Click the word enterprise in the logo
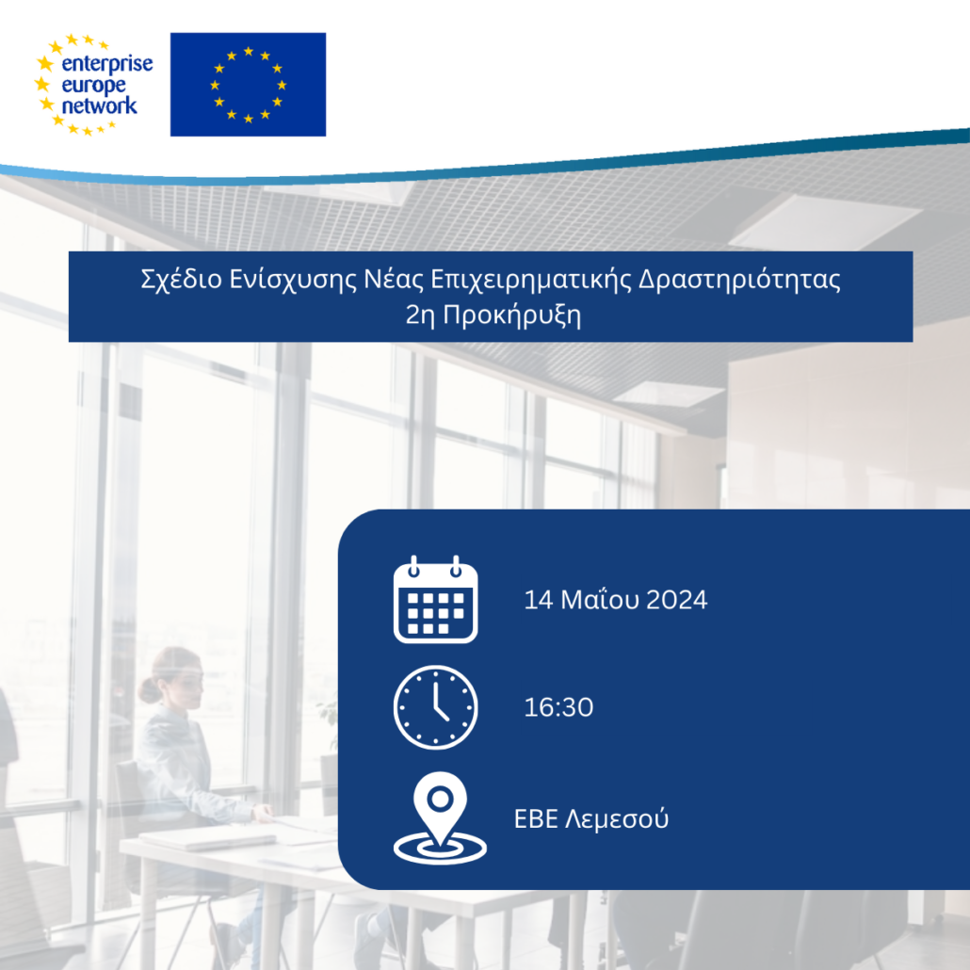coord(107,65)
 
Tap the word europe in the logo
coord(93,86)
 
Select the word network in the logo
coord(99,105)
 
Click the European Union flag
coord(248,84)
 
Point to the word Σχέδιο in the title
coord(181,280)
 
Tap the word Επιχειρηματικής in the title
coord(531,280)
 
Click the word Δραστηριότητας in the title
coord(739,280)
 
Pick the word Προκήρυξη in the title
coord(512,315)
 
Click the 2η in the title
coord(421,315)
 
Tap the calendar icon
coord(435,600)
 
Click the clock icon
coord(435,707)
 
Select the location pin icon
coord(440,816)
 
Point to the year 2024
coord(677,600)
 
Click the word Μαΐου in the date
coord(600,600)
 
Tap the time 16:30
coord(558,707)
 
